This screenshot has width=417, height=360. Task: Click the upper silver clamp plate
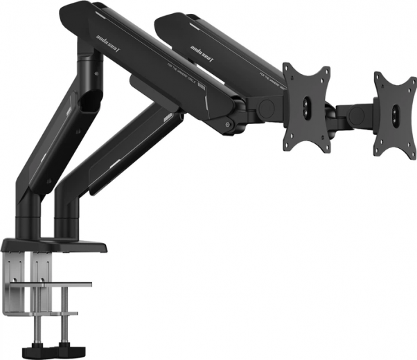point(58,284)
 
